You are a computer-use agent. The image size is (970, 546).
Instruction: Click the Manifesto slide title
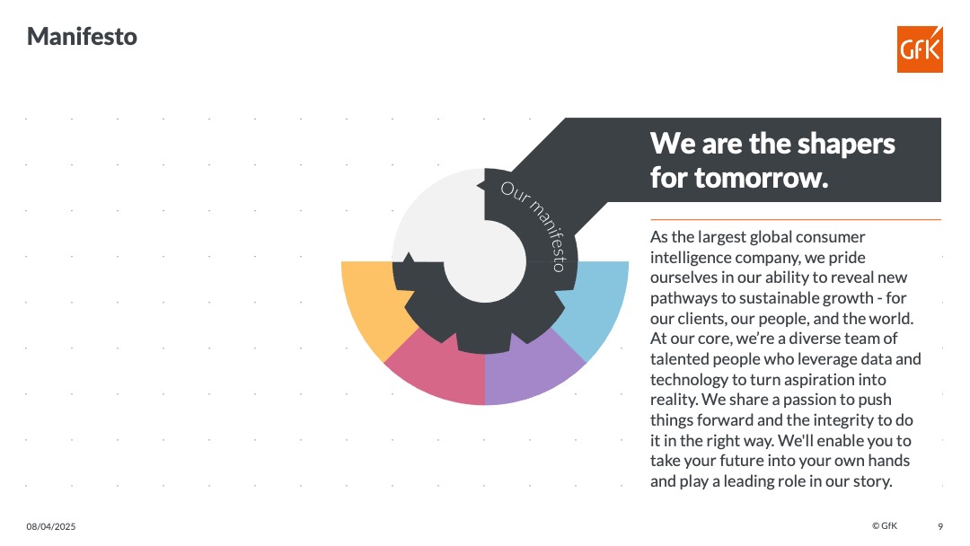coord(82,37)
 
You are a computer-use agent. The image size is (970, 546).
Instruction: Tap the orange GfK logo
coord(920,49)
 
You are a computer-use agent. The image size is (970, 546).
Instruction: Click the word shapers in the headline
coord(846,145)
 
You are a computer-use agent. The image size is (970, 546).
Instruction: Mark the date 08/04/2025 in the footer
coord(50,527)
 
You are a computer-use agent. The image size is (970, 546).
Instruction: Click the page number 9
coord(940,527)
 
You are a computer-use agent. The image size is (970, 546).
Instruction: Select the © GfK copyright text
coord(885,525)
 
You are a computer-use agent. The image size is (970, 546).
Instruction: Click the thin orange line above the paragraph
coord(796,219)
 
